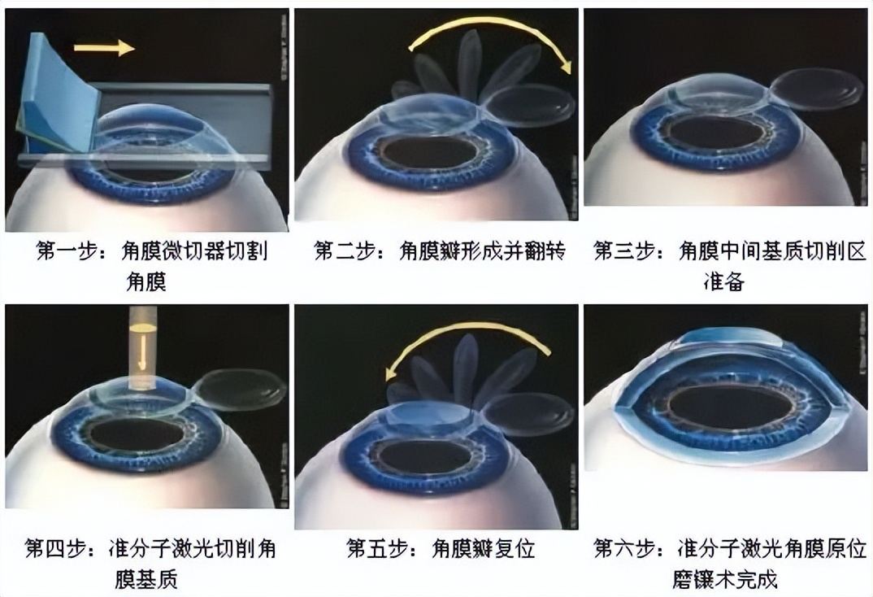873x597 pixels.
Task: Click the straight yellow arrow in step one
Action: pyautogui.click(x=104, y=49)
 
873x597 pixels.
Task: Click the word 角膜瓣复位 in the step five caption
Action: pyautogui.click(x=484, y=549)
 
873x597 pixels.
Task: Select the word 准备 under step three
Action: pyautogui.click(x=723, y=282)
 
